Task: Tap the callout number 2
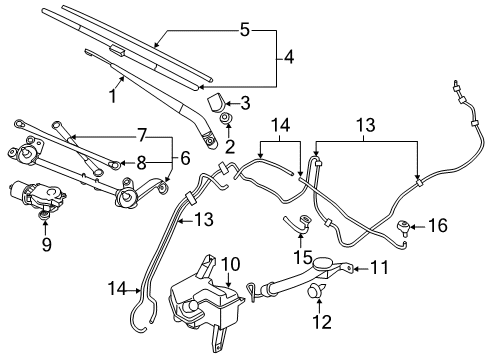click(229, 147)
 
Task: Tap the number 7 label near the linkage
click(142, 134)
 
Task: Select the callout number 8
click(142, 161)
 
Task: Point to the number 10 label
click(229, 263)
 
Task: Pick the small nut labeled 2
click(229, 125)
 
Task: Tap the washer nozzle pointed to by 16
click(405, 227)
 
